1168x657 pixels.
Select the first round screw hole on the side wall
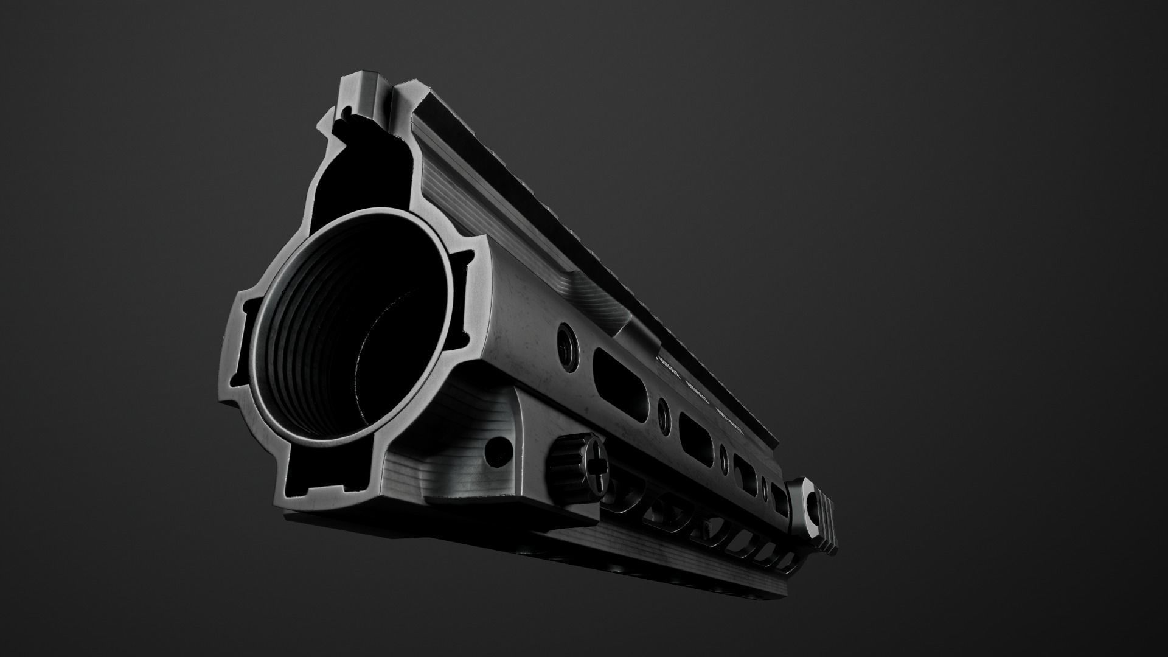click(567, 339)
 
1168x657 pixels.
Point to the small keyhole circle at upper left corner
click(344, 112)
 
